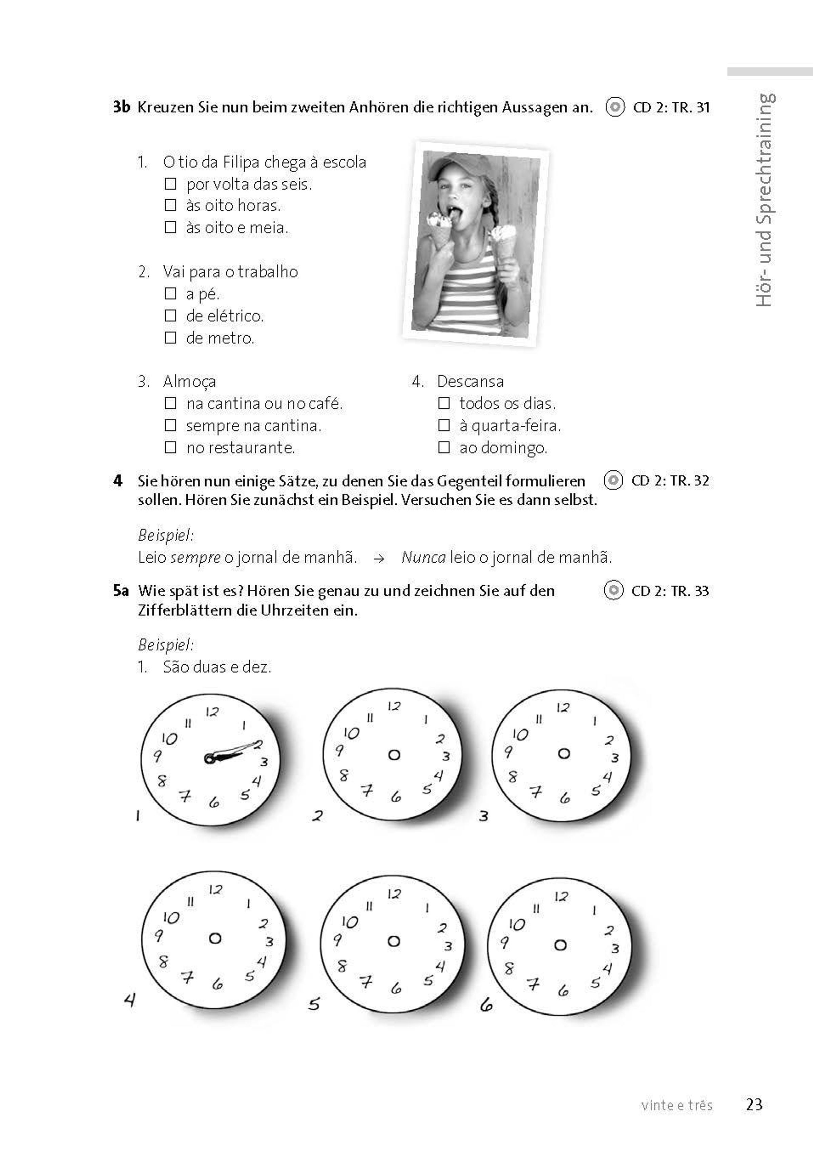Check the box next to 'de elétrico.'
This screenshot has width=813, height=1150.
(x=171, y=316)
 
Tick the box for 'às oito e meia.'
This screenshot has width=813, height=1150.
(x=171, y=228)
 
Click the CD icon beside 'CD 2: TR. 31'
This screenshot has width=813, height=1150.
(x=615, y=107)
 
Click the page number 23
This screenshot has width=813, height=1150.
(x=754, y=1105)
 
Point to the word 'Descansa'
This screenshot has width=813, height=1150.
(x=470, y=381)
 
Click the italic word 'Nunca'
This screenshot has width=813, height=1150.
(x=423, y=557)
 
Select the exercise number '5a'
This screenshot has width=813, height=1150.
(x=121, y=590)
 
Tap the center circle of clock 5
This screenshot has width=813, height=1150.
(x=394, y=941)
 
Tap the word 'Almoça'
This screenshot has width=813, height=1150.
(x=189, y=381)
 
